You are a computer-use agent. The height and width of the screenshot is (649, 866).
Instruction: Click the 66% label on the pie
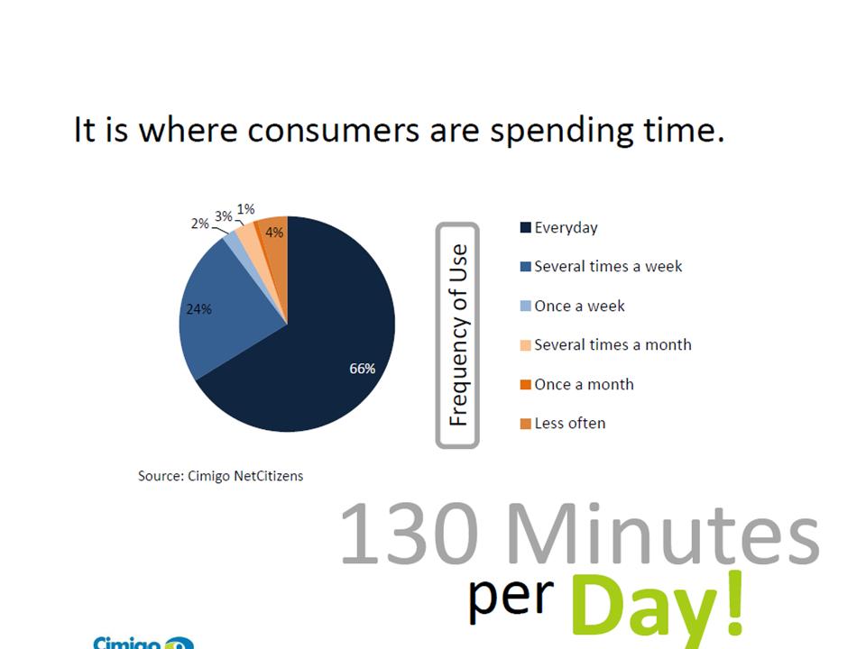coord(363,368)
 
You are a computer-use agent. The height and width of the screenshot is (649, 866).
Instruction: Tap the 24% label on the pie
coord(198,309)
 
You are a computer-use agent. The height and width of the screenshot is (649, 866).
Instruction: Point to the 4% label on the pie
coord(274,233)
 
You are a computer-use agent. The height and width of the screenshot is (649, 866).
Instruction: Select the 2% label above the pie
coord(200,224)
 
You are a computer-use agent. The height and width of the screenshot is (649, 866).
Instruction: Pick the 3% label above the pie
coord(224,215)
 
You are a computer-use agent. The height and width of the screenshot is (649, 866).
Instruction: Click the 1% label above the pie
coord(245,209)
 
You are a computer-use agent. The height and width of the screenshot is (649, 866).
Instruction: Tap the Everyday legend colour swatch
coord(525,227)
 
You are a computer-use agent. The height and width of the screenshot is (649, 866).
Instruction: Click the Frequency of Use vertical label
coord(458,335)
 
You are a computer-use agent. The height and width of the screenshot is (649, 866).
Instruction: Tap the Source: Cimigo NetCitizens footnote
coord(220,476)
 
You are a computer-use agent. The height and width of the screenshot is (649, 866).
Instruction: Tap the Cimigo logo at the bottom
coord(143,643)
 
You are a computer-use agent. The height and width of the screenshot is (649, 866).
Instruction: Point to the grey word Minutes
coord(663,534)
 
